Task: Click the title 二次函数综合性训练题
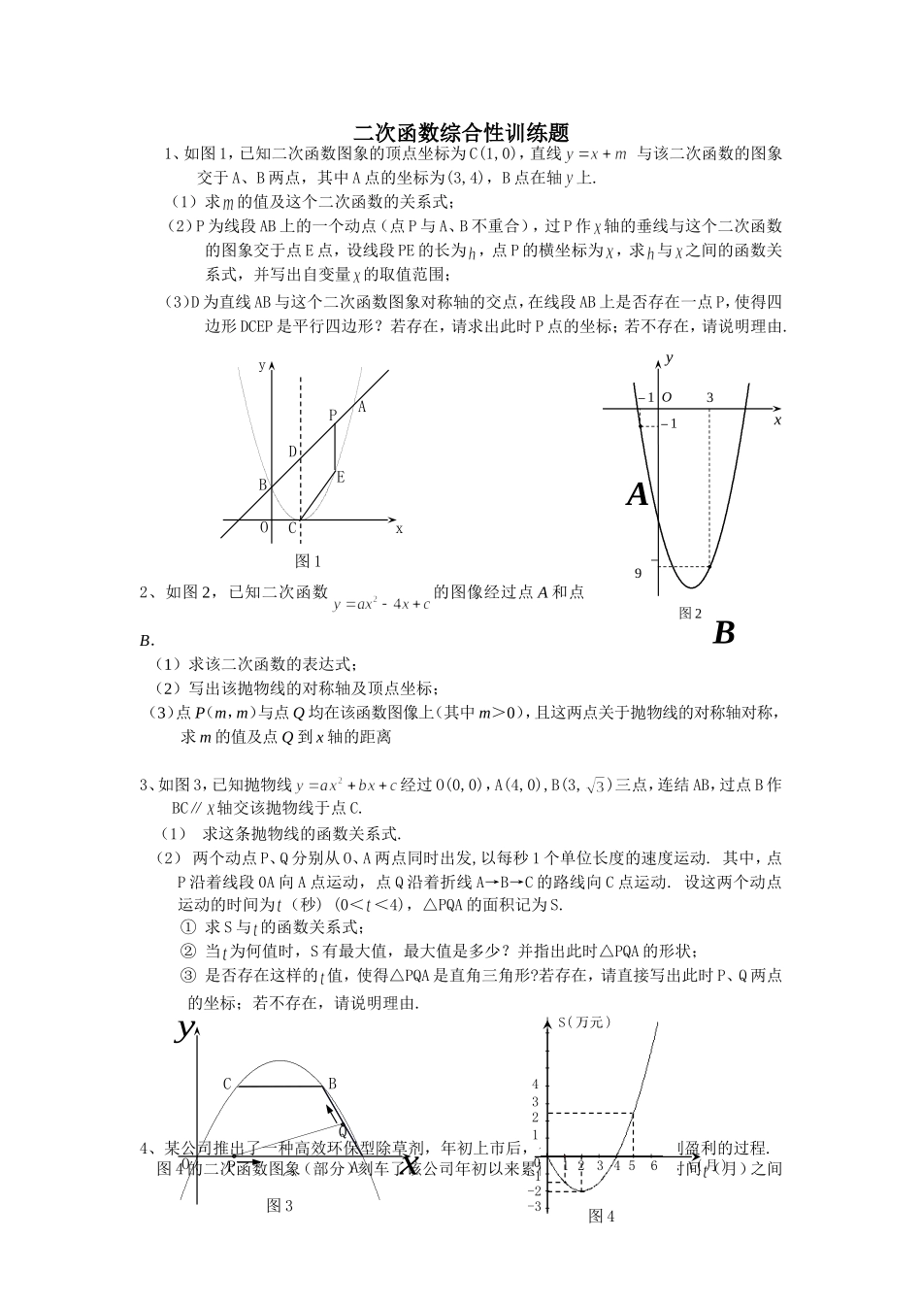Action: [x=461, y=132]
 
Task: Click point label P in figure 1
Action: [x=333, y=415]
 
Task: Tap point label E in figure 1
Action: [x=341, y=477]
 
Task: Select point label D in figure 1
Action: [x=292, y=452]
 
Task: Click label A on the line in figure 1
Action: [x=361, y=407]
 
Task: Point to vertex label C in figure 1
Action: [x=291, y=528]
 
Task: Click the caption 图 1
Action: [x=308, y=561]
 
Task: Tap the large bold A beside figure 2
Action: [x=637, y=495]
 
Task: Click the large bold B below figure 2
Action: [x=723, y=633]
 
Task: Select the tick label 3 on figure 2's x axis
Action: [x=709, y=397]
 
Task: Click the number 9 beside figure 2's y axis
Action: [x=639, y=573]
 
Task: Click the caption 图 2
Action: [x=690, y=614]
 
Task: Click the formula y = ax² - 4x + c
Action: [x=381, y=604]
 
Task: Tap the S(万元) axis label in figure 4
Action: [x=585, y=1021]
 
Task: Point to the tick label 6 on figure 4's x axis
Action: [x=654, y=1165]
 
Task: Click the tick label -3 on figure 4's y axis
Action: [x=533, y=1206]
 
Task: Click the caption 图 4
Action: [x=601, y=1216]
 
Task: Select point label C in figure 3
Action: [x=227, y=1085]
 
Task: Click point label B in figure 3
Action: [x=332, y=1084]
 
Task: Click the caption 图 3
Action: [x=280, y=1205]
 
